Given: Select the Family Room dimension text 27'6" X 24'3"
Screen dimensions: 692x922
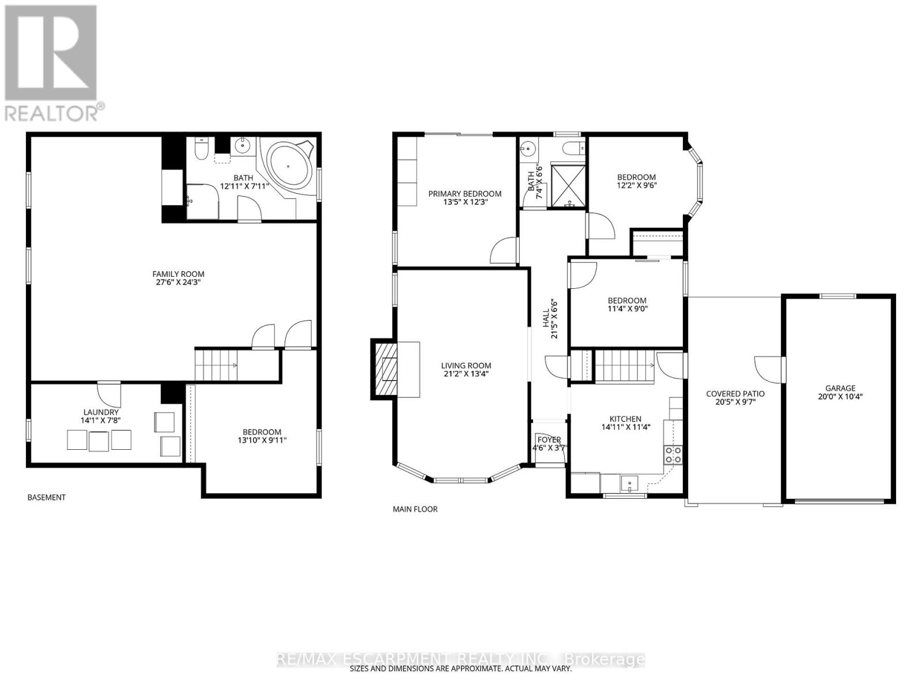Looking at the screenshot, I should tap(178, 283).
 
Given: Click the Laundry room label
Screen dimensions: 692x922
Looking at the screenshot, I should tap(101, 416).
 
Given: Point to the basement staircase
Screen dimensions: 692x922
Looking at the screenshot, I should tap(216, 365).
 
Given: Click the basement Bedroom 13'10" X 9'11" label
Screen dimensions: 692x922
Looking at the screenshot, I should tap(262, 436).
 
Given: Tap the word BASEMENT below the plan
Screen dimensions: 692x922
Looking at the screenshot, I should tap(47, 497).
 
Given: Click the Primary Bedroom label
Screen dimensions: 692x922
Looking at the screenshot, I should tap(464, 198).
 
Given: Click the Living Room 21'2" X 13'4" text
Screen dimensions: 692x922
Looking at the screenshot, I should tap(466, 370).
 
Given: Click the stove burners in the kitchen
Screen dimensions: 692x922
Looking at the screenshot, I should tap(673, 455).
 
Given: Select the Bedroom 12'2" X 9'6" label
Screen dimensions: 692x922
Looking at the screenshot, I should tap(636, 181).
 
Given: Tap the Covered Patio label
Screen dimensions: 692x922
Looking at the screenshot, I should tap(735, 398).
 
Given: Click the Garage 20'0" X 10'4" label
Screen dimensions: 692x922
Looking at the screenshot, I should tap(840, 392).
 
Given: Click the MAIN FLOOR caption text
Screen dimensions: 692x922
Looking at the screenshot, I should tap(415, 509).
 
